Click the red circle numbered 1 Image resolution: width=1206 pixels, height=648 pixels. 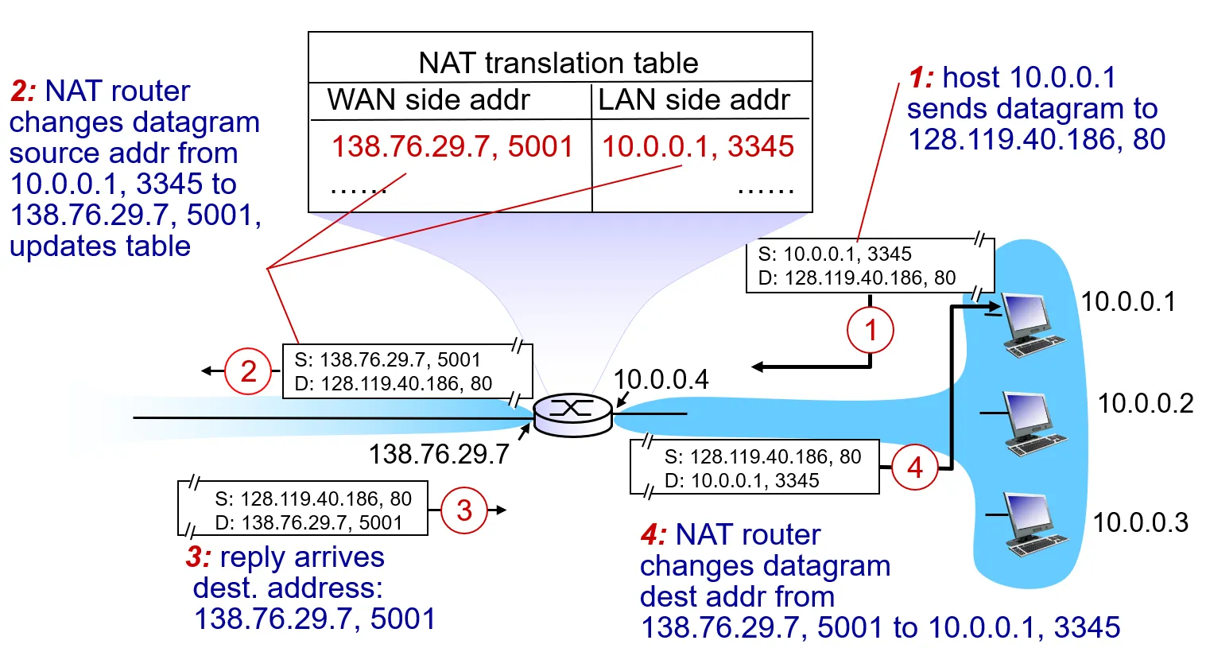click(x=871, y=330)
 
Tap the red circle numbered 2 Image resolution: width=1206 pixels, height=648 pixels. click(x=249, y=371)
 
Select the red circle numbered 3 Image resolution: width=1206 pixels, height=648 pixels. click(x=464, y=510)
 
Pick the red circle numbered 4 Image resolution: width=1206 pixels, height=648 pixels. click(x=915, y=468)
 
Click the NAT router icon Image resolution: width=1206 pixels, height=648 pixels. click(x=572, y=413)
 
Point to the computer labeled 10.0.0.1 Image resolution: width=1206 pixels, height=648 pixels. click(x=1032, y=324)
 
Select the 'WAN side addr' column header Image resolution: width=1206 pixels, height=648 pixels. click(x=428, y=100)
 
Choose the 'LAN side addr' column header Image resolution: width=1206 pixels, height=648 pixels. click(x=693, y=100)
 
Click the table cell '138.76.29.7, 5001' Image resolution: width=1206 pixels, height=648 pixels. click(x=452, y=146)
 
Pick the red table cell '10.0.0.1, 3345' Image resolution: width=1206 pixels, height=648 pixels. click(x=697, y=146)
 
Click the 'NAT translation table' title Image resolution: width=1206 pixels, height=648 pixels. click(x=558, y=63)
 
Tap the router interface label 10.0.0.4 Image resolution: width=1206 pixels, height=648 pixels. click(x=661, y=379)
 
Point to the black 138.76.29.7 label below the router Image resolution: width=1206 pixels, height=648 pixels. click(x=439, y=454)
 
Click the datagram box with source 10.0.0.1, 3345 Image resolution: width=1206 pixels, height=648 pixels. click(x=869, y=266)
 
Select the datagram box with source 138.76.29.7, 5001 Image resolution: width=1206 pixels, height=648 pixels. click(x=406, y=371)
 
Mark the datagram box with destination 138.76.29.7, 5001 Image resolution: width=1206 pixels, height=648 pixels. click(x=303, y=510)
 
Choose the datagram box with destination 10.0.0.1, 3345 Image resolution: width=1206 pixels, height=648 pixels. click(x=755, y=468)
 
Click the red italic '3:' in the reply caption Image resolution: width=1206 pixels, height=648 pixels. click(x=199, y=557)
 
